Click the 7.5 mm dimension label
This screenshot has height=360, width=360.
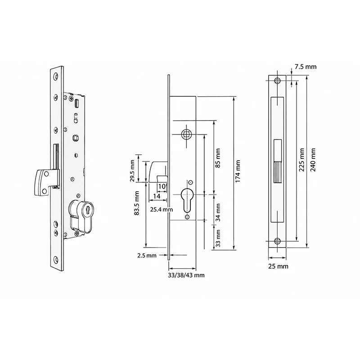pyautogui.click(x=306, y=67)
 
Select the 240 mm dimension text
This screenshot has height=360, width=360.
pyautogui.click(x=313, y=160)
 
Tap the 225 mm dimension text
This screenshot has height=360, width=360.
pyautogui.click(x=301, y=160)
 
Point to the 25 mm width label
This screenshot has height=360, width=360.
pyautogui.click(x=278, y=266)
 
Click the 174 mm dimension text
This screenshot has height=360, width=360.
pyautogui.click(x=238, y=171)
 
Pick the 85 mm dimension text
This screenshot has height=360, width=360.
pyautogui.click(x=217, y=158)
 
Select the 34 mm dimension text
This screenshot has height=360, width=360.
pyautogui.click(x=218, y=212)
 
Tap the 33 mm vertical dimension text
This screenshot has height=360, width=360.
pyautogui.click(x=218, y=238)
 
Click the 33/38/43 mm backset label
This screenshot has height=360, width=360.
pyautogui.click(x=186, y=275)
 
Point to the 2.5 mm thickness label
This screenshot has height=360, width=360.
pyautogui.click(x=147, y=255)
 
